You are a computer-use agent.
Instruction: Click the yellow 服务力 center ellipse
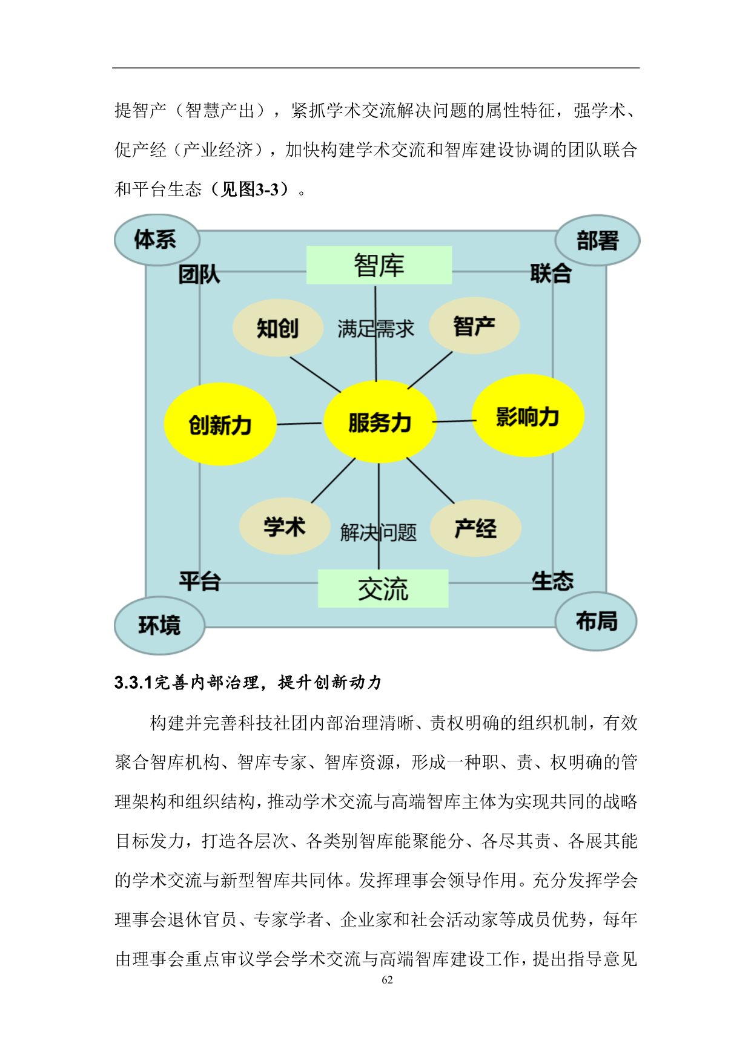click(380, 422)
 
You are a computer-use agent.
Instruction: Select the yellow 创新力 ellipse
click(220, 424)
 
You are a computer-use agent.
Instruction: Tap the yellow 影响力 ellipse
click(528, 416)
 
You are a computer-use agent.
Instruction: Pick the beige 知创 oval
click(277, 327)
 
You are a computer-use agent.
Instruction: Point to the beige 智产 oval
click(474, 326)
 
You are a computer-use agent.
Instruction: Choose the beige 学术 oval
click(285, 526)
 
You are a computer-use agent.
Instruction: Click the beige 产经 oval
click(475, 528)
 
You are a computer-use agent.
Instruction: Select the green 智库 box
click(379, 265)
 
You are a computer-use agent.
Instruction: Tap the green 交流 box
click(383, 588)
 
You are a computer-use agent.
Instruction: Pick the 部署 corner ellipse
click(597, 240)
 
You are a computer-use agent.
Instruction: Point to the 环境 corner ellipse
click(159, 625)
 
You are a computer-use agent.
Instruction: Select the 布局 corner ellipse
click(597, 621)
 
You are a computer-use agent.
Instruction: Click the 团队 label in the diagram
click(199, 275)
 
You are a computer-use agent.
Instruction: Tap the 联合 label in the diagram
click(551, 273)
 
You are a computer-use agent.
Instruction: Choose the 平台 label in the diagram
click(200, 581)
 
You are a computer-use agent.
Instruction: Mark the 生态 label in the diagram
click(552, 581)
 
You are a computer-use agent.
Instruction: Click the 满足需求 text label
click(375, 329)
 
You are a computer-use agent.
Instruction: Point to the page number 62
click(388, 980)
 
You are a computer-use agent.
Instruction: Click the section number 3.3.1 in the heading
click(133, 683)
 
